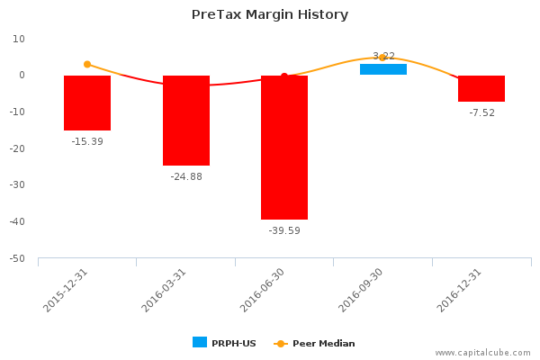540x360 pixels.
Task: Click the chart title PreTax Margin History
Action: tap(270, 14)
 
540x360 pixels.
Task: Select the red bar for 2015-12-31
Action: tap(87, 103)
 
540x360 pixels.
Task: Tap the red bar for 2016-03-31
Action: tap(186, 121)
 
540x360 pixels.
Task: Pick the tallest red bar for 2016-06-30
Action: tap(284, 148)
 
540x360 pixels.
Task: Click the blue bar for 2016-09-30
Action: tap(383, 69)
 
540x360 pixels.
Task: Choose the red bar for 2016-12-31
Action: tap(481, 88)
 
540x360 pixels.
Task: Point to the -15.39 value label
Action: tap(87, 141)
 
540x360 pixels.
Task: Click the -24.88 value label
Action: tap(186, 176)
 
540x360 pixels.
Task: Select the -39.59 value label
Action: tap(284, 230)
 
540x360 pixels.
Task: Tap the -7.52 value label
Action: tap(481, 112)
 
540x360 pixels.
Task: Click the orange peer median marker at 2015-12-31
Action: tap(87, 64)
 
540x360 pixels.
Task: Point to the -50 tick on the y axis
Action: tap(18, 259)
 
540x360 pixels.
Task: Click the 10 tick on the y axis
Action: tap(19, 39)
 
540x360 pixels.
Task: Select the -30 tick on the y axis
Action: tap(18, 185)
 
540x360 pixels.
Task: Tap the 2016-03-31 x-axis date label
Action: tap(164, 290)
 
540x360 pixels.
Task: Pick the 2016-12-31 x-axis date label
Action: tap(460, 290)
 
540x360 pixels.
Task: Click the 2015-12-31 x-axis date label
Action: tap(66, 290)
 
